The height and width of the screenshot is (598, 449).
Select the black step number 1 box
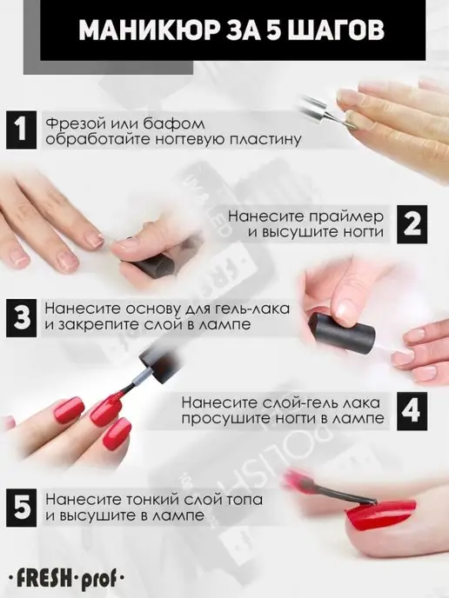(22, 130)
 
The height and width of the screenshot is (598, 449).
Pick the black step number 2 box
(412, 224)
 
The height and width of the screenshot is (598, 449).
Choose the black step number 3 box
(22, 318)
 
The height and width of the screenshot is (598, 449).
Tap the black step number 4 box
(412, 412)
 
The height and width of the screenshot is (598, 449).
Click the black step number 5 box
(22, 508)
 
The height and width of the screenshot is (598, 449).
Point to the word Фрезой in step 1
(75, 124)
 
